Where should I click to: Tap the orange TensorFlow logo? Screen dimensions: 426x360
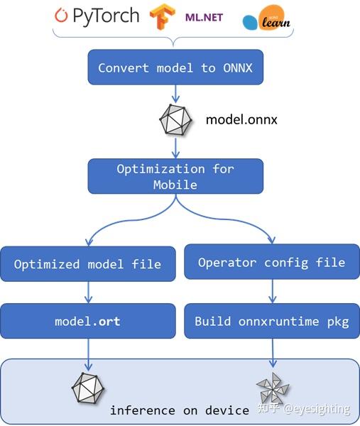pyautogui.click(x=163, y=17)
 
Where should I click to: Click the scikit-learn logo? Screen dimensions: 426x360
pyautogui.click(x=266, y=21)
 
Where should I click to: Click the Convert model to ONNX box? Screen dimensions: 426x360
pyautogui.click(x=176, y=68)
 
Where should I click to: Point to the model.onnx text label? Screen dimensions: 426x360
pyautogui.click(x=241, y=119)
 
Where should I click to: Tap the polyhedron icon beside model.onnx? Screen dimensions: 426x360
pyautogui.click(x=175, y=121)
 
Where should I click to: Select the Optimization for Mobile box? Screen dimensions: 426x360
pyautogui.click(x=175, y=176)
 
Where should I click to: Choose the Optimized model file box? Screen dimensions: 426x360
pyautogui.click(x=87, y=264)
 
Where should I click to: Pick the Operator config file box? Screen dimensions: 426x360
pyautogui.click(x=271, y=263)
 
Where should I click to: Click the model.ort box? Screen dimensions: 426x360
pyautogui.click(x=87, y=321)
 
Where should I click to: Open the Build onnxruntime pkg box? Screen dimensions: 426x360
pyautogui.click(x=271, y=321)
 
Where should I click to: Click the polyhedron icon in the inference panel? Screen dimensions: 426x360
pyautogui.click(x=88, y=388)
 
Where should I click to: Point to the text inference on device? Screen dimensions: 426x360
pyautogui.click(x=179, y=410)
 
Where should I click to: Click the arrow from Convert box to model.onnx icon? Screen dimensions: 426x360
pyautogui.click(x=176, y=94)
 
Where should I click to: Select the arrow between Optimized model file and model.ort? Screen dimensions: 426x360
pyautogui.click(x=88, y=291)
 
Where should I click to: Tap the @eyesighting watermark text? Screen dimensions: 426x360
pyautogui.click(x=317, y=409)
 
